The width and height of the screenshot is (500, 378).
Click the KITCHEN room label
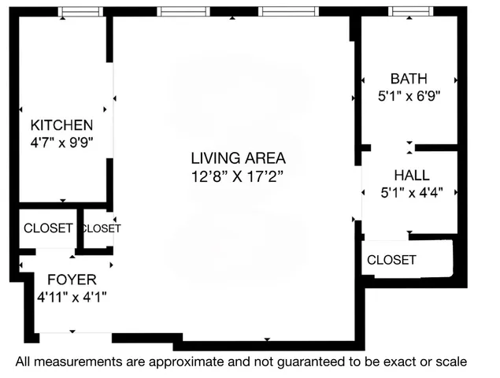pos(61,125)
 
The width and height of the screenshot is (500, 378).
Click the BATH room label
pos(409,79)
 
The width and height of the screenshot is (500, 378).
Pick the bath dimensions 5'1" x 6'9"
pos(409,97)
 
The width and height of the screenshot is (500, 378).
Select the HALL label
pos(409,176)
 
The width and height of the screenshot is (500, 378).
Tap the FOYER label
pos(72,280)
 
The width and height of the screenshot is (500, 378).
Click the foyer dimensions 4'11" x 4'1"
pos(72,297)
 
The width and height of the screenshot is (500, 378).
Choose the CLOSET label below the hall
pos(391,261)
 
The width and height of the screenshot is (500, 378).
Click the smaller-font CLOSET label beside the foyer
pos(101,228)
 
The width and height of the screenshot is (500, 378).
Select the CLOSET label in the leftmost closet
pos(48,228)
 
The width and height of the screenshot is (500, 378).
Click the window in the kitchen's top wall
pos(82,12)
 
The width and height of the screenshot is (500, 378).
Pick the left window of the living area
pos(183,12)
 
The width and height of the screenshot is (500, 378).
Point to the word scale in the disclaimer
pos(450,362)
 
